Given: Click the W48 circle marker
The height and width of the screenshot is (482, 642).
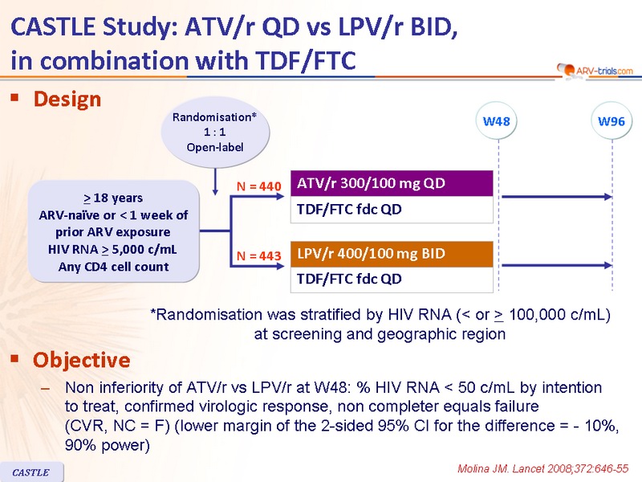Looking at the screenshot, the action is pos(496,121).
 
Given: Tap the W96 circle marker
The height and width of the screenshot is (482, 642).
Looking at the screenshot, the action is pos(612,121).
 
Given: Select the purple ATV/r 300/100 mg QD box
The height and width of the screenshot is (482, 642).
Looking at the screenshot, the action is pos(392,183).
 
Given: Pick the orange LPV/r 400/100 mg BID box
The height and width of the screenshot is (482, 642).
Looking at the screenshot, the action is pos(392,254).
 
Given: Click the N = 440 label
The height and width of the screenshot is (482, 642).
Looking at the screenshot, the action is pos(258,186).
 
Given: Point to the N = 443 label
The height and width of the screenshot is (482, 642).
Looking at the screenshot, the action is pos(258,256).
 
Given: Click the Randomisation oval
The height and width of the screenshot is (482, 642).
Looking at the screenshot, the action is pos(215,132).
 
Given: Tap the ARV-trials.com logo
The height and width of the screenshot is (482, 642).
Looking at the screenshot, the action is pos(595,71).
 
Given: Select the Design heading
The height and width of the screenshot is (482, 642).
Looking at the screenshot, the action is pos(67,99).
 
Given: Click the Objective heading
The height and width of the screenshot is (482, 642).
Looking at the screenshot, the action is pos(82,360).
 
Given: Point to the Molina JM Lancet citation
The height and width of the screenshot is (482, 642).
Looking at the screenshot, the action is pos(542,468).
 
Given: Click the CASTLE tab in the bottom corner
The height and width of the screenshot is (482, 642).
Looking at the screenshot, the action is pos(31,472).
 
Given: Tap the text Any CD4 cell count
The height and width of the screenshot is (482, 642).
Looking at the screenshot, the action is pos(113,267).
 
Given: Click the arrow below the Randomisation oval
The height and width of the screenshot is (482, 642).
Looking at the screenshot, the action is pos(215,182).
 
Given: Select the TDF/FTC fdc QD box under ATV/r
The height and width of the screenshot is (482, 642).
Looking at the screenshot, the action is pos(392,210).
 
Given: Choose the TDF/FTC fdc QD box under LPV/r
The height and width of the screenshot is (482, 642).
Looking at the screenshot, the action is pos(392,280).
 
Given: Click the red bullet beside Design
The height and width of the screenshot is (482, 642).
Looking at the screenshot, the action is pos(15,97).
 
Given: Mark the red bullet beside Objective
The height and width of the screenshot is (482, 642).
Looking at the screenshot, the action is pos(15,358).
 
